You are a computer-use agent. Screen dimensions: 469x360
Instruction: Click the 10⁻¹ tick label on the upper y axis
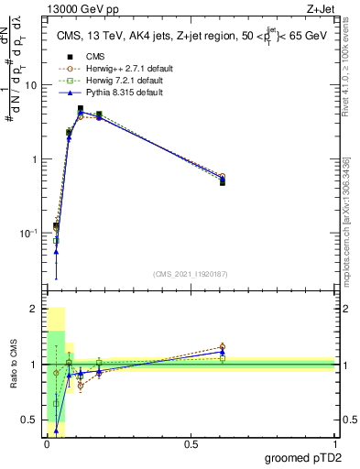tap(29, 234)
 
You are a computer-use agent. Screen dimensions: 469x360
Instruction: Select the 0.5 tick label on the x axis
tap(191, 445)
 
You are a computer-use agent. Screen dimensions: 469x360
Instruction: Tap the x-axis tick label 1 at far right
tap(333, 445)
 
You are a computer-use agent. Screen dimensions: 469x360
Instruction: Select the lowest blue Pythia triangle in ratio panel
tap(56, 430)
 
